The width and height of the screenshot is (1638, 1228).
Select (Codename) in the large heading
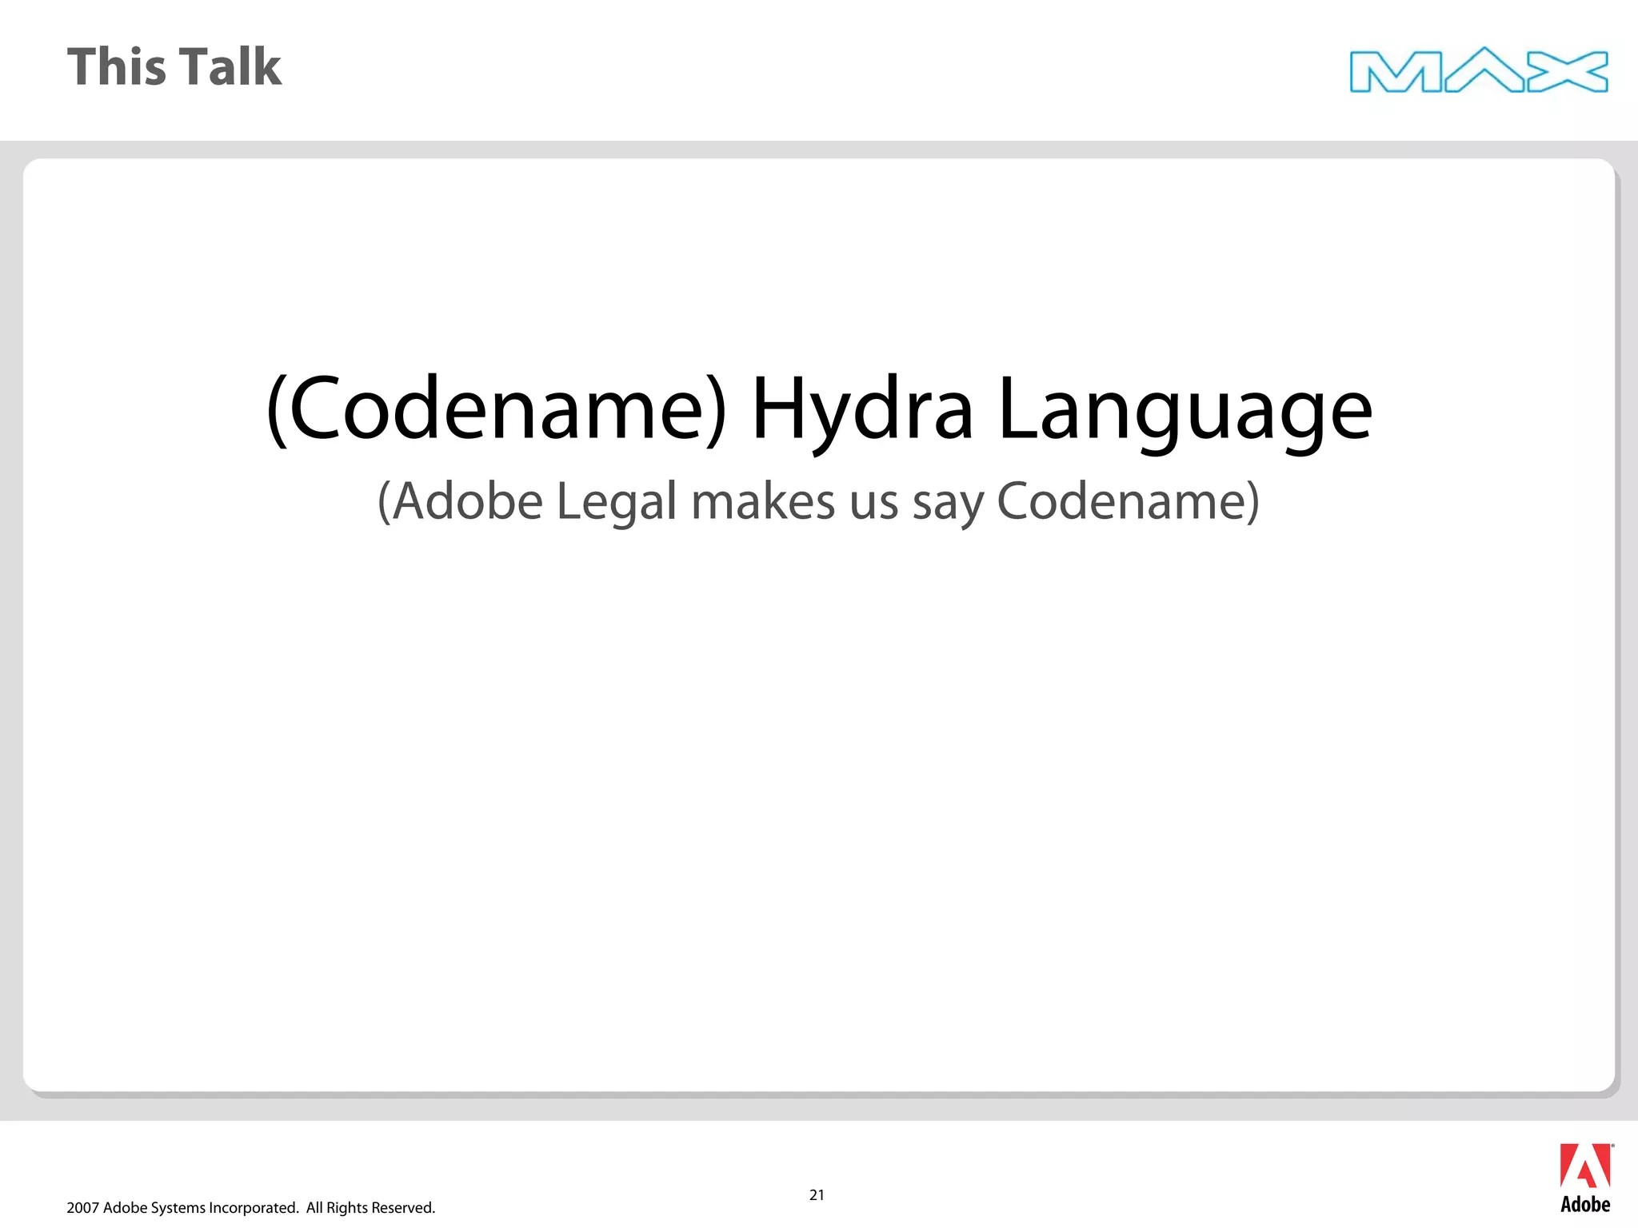point(496,409)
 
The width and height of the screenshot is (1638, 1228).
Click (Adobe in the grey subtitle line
point(460,502)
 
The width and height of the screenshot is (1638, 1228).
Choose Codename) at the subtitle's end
point(1128,502)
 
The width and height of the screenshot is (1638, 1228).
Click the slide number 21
point(817,1195)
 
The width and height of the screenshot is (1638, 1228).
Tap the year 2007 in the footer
point(82,1208)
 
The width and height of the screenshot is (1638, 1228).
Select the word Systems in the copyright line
point(177,1208)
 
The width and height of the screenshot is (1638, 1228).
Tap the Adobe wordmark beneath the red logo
point(1585,1205)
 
